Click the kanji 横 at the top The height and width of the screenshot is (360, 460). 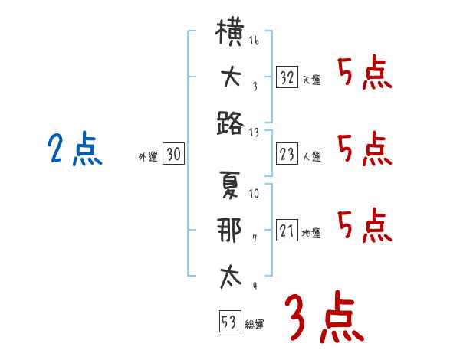230,31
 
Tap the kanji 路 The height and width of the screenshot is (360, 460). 230,123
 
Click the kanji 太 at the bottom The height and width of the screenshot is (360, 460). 231,277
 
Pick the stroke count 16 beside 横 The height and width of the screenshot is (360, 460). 254,40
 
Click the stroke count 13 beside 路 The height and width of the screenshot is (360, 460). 254,133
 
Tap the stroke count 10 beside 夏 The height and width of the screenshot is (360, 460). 254,194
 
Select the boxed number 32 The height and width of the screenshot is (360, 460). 287,77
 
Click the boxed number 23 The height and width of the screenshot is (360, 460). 287,154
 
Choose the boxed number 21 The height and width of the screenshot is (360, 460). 287,230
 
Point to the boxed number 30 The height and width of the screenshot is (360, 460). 174,153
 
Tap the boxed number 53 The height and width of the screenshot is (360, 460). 231,321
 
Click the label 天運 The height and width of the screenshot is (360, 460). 312,80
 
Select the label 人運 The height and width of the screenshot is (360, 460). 312,156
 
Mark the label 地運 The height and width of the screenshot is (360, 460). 311,234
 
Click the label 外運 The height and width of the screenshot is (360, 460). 148,157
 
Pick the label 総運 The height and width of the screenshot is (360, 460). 255,325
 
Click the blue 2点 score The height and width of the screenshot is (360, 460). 75,149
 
